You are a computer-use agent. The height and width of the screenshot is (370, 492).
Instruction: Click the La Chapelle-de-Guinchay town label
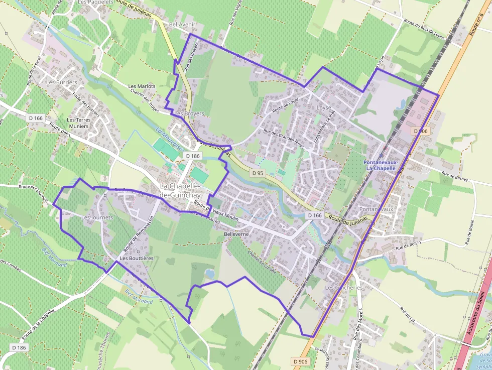180,190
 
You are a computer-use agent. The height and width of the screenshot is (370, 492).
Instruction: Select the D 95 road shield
258,173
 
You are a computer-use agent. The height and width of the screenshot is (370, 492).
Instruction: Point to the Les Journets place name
97,217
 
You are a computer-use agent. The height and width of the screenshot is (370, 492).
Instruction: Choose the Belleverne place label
237,234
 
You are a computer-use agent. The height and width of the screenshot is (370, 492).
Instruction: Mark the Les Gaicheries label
343,288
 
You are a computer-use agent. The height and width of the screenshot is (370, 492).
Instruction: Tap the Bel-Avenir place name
182,24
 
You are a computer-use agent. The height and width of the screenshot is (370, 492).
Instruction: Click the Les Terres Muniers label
78,123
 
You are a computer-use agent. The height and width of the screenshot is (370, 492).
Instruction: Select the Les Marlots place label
142,86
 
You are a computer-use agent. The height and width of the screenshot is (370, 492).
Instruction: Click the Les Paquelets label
97,3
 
